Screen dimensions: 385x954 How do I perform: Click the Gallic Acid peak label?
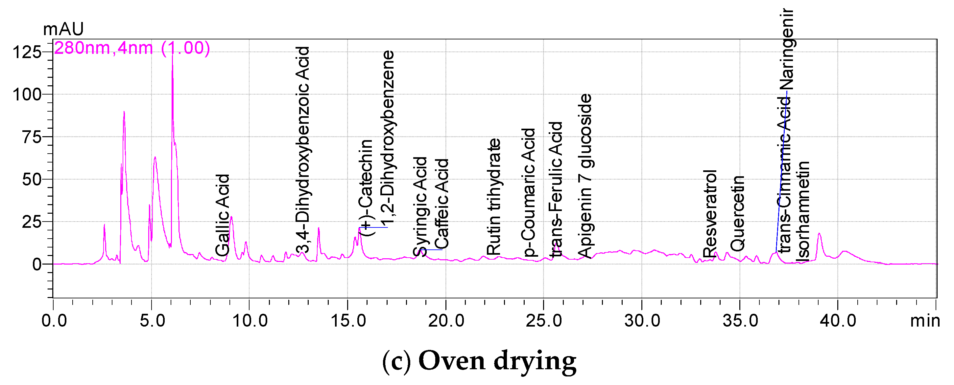click(x=222, y=215)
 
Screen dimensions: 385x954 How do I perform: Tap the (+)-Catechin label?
click(x=366, y=187)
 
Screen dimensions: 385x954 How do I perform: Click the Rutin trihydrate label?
click(x=493, y=197)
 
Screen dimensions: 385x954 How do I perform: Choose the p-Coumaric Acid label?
click(x=529, y=192)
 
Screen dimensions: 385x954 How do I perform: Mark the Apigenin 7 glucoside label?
click(x=585, y=176)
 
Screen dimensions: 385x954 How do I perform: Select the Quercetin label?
click(x=737, y=214)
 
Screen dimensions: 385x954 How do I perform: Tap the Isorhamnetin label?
click(x=802, y=211)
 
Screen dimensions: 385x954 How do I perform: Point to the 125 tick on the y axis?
click(x=27, y=52)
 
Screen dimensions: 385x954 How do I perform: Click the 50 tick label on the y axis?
click(x=31, y=180)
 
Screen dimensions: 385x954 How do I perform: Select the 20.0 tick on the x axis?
click(x=446, y=320)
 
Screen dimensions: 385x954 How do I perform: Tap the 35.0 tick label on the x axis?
click(x=740, y=320)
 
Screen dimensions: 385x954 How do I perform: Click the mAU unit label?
click(x=63, y=29)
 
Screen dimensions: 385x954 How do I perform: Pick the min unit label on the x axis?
click(x=925, y=320)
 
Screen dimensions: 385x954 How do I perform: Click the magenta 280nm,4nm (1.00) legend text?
click(x=132, y=48)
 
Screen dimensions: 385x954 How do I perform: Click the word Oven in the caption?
click(x=451, y=361)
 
